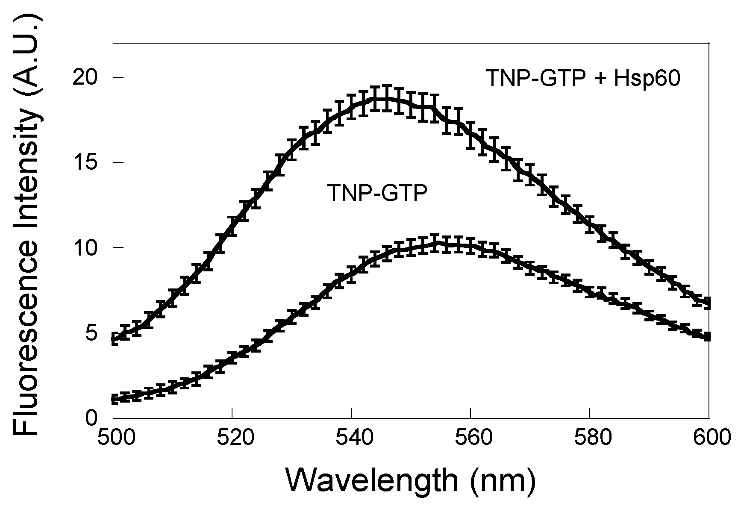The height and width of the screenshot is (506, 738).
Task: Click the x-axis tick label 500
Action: (x=113, y=438)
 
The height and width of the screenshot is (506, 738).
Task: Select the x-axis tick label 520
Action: (x=232, y=438)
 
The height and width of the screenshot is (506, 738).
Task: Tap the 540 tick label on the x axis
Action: (x=351, y=438)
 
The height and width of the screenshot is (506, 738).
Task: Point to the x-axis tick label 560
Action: (x=470, y=438)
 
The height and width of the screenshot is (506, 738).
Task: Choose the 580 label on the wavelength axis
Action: (x=590, y=438)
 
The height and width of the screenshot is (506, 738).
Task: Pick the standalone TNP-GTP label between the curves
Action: (x=377, y=193)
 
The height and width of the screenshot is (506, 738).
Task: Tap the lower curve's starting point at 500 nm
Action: (x=114, y=400)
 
